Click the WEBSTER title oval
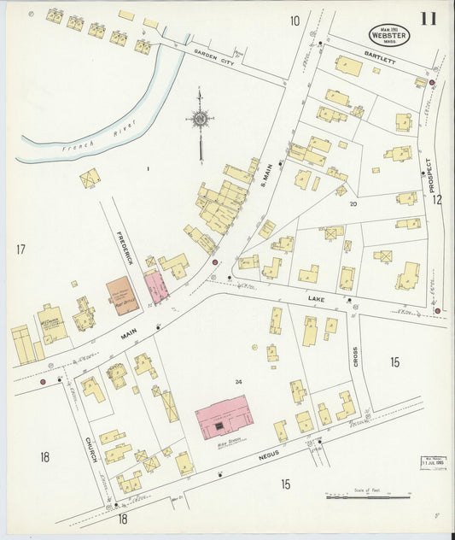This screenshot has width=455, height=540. [x=389, y=35]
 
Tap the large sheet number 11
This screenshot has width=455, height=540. [x=429, y=19]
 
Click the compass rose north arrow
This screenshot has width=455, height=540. [x=201, y=120]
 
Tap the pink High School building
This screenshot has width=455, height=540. [x=224, y=417]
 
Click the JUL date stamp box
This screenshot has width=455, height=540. [x=433, y=462]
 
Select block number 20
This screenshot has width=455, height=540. [x=353, y=204]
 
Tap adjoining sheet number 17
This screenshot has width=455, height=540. [x=20, y=249]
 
